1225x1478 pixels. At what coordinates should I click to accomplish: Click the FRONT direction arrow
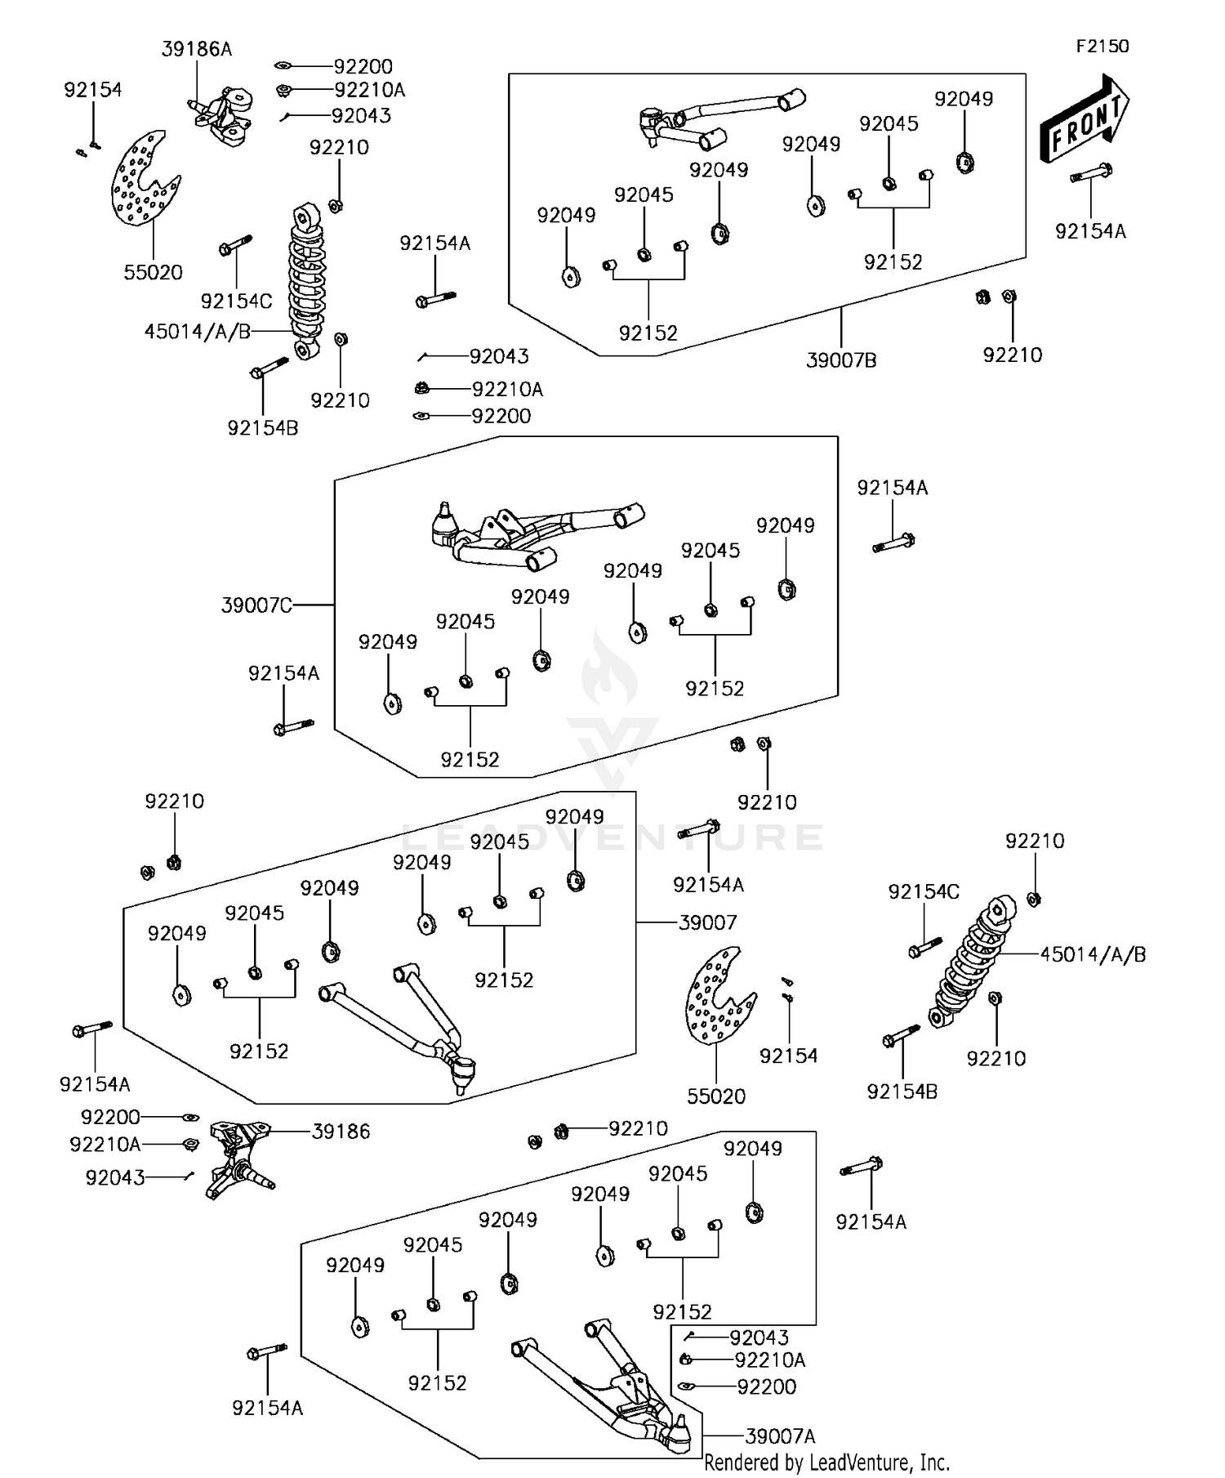coord(1083,119)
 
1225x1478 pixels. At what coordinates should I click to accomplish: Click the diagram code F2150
coord(1102,47)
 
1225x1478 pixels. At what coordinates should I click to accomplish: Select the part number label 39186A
coord(196,49)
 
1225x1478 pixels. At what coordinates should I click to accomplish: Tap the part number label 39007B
coord(841,360)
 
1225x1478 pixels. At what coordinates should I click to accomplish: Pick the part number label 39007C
coord(256,605)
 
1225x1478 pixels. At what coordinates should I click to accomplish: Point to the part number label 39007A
coord(780,1436)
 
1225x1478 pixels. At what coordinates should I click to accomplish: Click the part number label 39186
coord(341,1132)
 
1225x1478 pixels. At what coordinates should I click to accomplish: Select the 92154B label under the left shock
coord(263,427)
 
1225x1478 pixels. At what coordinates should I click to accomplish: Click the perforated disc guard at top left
coord(143,180)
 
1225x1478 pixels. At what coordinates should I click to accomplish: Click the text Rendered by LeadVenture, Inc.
coord(826,1462)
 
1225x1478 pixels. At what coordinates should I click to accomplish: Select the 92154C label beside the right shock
coord(924,891)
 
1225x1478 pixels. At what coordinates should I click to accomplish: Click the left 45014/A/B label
coord(197,332)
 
